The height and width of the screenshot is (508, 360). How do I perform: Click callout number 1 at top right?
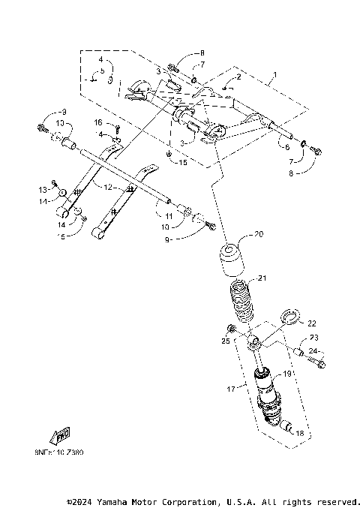274,75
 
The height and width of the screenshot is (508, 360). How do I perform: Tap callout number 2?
238,77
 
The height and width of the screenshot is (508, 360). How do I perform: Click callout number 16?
97,122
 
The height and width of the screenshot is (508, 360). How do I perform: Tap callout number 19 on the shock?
286,373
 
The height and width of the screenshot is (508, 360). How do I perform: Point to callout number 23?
313,338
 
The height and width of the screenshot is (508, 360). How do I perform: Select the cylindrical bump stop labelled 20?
230,260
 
